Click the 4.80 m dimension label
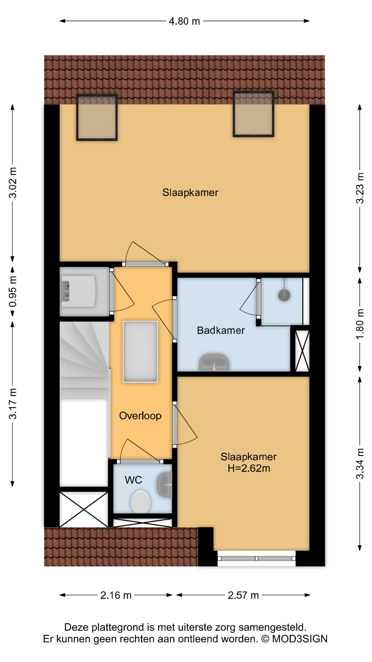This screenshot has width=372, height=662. coord(184,21)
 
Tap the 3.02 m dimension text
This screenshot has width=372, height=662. coord(13,183)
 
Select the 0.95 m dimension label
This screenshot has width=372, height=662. coord(13,291)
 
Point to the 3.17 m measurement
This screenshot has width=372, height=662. coord(13,404)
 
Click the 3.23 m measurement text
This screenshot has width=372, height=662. coord(360,188)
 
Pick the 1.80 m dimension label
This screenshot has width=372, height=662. coord(360,324)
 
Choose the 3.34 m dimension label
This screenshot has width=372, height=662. coord(360,464)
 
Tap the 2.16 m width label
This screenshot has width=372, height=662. coord(116,595)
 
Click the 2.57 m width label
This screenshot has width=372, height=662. coord(243,595)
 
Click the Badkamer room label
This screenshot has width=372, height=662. coord(221,330)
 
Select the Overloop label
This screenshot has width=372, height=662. coord(140,416)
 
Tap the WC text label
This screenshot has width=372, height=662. coord(133,480)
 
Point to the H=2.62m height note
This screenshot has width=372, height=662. coord(249,469)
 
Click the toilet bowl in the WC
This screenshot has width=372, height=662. coord(141,502)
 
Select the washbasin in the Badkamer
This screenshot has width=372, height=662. coord(214,362)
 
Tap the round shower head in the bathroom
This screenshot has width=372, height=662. coord(284,295)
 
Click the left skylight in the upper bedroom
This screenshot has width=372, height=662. coord(97,118)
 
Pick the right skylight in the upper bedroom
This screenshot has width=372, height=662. coord(254,114)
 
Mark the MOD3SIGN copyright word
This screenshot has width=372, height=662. coord(300,639)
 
